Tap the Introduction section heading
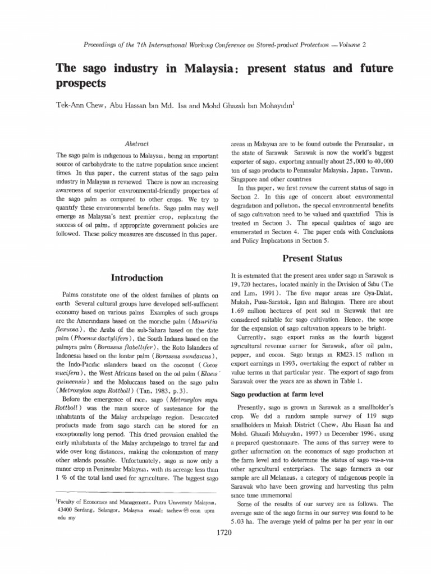click(137, 277)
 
